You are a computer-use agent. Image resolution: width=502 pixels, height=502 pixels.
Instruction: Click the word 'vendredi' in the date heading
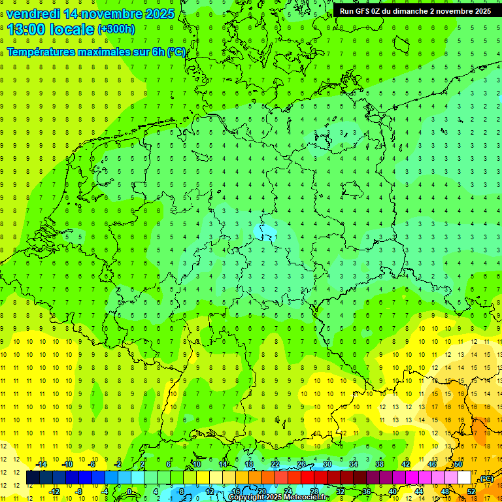click(x=33, y=14)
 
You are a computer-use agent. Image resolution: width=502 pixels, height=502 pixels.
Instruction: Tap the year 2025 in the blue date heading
click(x=156, y=14)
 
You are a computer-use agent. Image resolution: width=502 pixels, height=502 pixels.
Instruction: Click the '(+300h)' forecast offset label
click(x=116, y=29)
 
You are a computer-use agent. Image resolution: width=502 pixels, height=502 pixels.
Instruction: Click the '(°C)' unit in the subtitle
click(x=176, y=52)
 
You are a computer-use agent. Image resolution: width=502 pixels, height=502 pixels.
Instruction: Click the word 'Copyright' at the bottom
click(x=244, y=497)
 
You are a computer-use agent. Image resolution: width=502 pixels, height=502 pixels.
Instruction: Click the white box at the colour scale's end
click(x=465, y=478)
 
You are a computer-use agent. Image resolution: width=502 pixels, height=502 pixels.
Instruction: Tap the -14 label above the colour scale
click(x=42, y=464)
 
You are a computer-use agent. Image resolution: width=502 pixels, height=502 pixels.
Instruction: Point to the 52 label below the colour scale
click(x=471, y=491)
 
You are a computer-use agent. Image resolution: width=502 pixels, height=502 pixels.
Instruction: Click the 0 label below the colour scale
click(x=129, y=491)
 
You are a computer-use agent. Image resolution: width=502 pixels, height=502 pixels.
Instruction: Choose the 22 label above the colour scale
click(x=275, y=464)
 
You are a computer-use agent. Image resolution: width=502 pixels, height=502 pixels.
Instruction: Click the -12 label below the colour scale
click(x=55, y=491)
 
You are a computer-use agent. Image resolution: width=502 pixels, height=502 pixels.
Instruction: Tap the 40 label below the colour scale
click(x=393, y=491)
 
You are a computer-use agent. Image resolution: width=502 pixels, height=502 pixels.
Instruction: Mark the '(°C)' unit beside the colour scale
click(x=485, y=478)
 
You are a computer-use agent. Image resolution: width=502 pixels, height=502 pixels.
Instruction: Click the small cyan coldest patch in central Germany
click(x=267, y=231)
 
